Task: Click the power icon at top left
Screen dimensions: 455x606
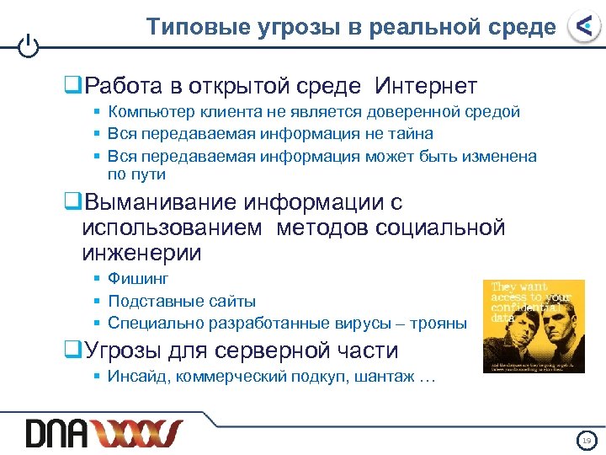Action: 29,45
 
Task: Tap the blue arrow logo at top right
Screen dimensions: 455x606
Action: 582,27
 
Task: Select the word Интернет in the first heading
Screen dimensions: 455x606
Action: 426,86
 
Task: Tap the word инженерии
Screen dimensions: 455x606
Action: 142,252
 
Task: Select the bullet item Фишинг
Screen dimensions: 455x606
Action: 138,279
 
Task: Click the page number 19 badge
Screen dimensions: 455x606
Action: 586,440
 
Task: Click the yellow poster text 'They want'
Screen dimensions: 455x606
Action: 519,287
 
